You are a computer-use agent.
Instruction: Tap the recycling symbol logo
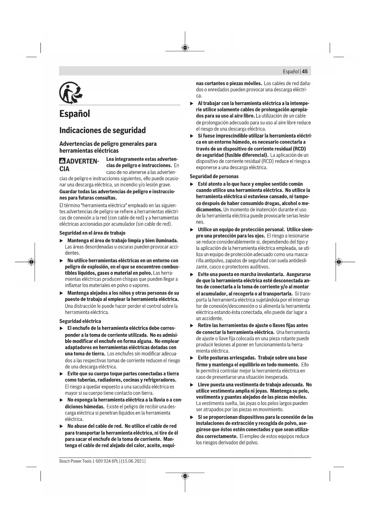coord(71,93)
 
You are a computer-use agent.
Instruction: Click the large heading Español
coord(74,114)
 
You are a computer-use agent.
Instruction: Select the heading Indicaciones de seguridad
coord(103,131)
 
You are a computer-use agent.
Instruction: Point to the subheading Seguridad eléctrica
coord(80,321)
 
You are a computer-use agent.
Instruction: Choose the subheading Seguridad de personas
coord(214,176)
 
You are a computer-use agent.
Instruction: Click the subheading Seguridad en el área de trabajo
coord(92,233)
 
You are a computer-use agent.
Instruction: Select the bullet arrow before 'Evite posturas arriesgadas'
coord(192,358)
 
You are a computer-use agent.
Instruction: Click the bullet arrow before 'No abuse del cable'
coord(61,426)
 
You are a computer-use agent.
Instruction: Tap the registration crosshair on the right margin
coord(338,262)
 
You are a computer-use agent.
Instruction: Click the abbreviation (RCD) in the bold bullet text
coord(299,148)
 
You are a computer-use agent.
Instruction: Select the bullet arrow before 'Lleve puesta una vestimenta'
coord(192,385)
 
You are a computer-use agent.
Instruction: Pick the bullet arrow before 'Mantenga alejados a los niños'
coord(61,293)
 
